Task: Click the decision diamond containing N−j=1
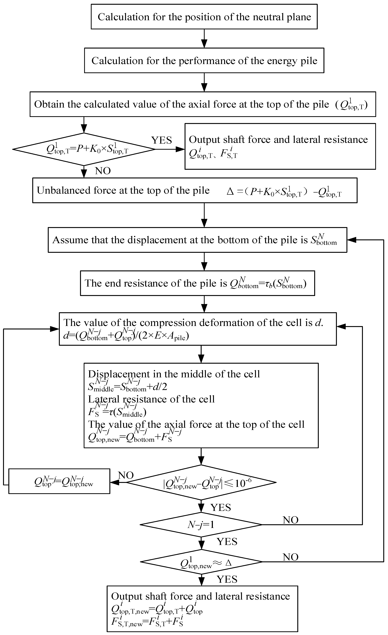coord(201,525)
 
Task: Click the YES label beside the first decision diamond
coord(161,140)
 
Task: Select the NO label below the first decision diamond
coord(103,171)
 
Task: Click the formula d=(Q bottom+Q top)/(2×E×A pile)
coord(126,336)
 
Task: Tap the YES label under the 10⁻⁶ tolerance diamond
coord(221,507)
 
